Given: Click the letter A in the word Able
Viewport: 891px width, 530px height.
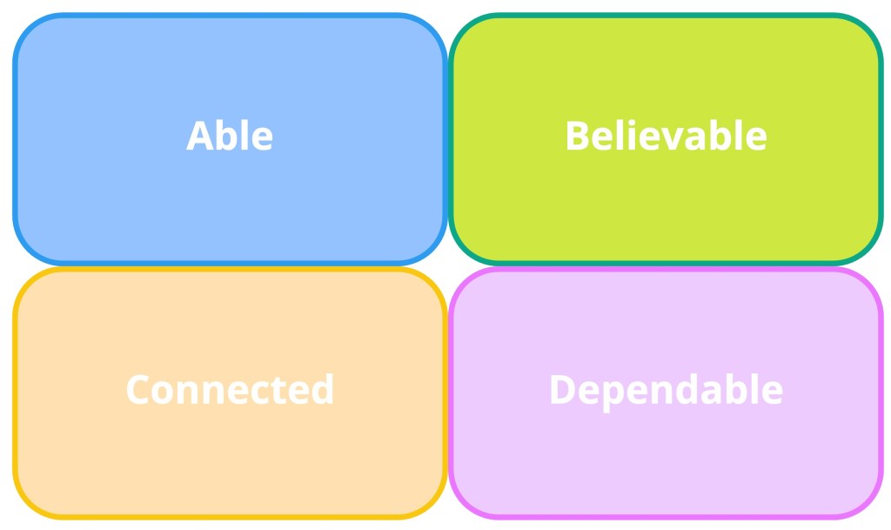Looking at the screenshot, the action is point(200,136).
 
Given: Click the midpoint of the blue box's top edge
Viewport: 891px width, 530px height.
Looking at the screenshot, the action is point(230,16).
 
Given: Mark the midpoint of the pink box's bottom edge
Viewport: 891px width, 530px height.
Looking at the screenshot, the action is point(666,516).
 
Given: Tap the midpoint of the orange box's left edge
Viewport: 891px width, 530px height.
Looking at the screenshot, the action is point(16,393).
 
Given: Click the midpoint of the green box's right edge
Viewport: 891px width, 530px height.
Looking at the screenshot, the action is point(881,139).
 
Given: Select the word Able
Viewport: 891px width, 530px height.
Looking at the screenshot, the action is point(230,136).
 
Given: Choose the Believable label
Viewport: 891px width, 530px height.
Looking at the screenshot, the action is point(666,136).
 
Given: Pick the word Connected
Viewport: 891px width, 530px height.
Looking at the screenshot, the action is point(230,390).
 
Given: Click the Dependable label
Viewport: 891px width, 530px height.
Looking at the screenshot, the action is point(666,391).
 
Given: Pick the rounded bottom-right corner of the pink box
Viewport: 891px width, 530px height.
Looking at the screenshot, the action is point(869,505).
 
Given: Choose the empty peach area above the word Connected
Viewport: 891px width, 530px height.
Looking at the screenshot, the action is point(230,321).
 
